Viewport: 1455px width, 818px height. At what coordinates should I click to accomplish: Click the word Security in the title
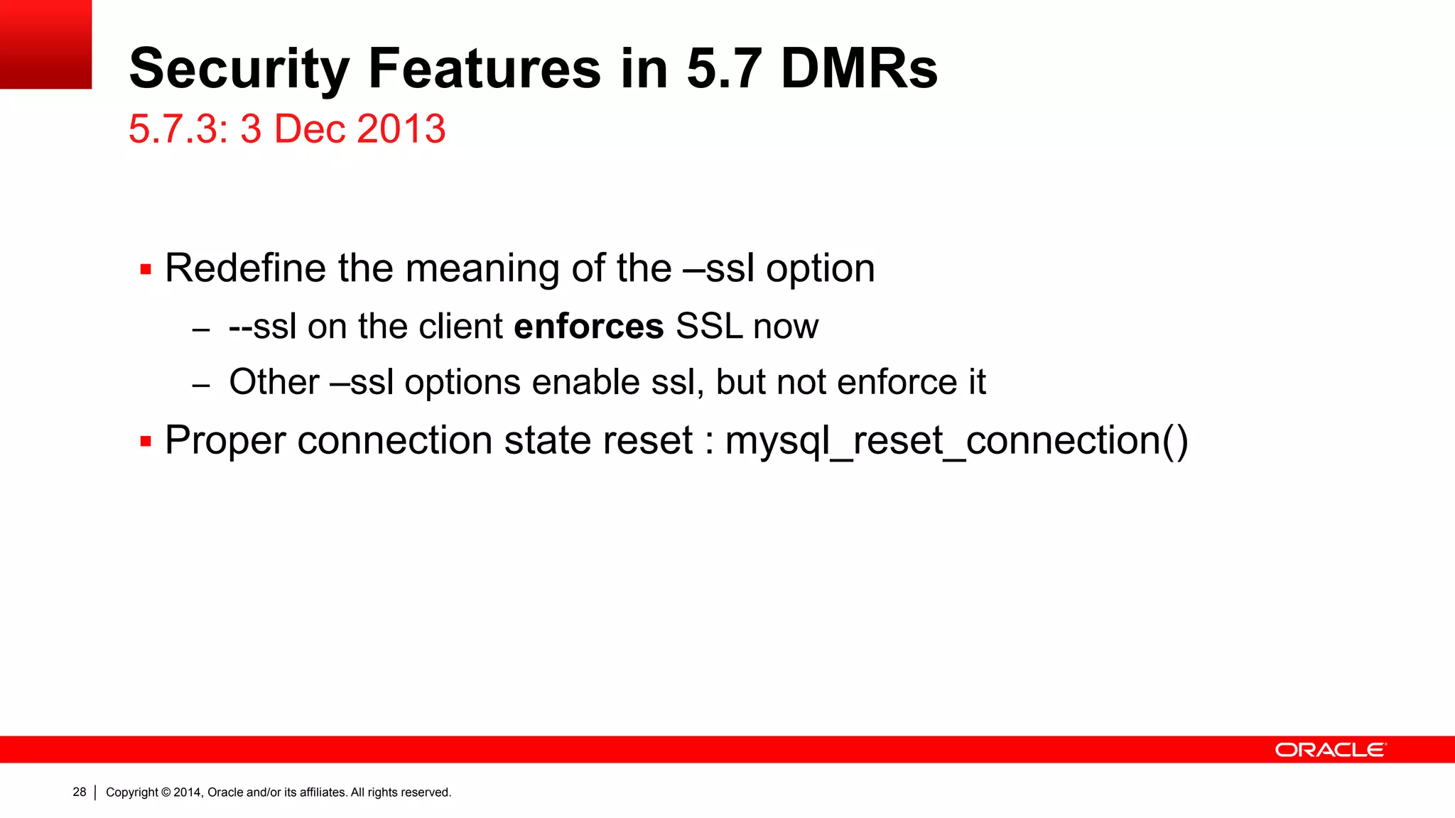tap(239, 69)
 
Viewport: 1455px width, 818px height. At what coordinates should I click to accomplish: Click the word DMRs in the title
tap(859, 69)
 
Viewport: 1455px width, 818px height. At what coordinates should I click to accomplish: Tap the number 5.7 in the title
tap(724, 69)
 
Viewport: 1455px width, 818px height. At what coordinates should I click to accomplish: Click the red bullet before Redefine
tap(146, 270)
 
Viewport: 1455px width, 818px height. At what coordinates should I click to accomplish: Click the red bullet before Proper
tap(146, 442)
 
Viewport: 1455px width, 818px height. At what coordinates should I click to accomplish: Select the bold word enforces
tap(588, 327)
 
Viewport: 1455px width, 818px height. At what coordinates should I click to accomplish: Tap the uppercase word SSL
tap(708, 327)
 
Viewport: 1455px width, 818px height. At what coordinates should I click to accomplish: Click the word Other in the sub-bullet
tap(274, 382)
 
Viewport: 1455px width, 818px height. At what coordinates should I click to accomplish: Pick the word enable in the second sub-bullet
tap(585, 382)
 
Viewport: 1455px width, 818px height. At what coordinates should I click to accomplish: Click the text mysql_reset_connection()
tap(956, 440)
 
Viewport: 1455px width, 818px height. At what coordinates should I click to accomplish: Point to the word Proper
tap(225, 440)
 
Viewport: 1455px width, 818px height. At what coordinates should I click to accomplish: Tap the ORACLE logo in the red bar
tap(1330, 750)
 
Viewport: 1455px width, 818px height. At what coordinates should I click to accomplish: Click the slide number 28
tap(80, 792)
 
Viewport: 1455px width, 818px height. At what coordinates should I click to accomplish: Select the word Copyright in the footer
tap(132, 792)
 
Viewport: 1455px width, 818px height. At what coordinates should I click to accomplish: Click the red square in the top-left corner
tap(45, 44)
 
